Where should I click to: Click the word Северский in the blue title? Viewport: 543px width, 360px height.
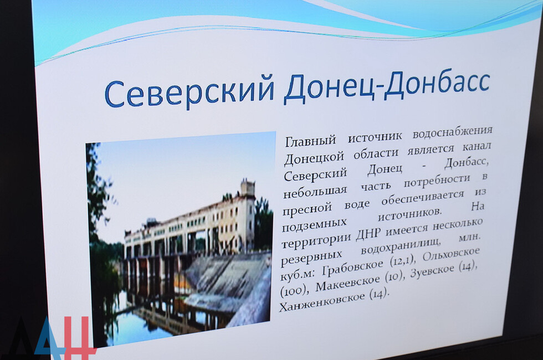pos(189,92)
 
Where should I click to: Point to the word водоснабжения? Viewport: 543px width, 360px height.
pos(452,133)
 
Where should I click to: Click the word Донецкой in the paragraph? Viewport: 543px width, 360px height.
pos(314,157)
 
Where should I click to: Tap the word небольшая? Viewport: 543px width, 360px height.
pos(315,192)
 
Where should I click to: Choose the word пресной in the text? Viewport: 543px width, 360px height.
pos(307,209)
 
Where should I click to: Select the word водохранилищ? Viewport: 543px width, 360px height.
pos(401,248)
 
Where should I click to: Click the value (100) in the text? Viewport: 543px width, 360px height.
pos(294,290)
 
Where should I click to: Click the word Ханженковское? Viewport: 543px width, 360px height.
pos(322,301)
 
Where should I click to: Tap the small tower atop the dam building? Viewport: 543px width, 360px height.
pos(248,188)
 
